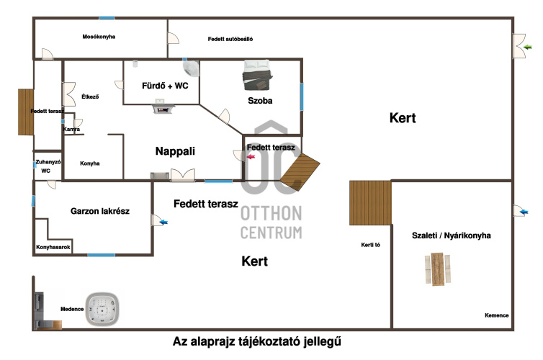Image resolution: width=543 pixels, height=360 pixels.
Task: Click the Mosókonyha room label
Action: point(99,37)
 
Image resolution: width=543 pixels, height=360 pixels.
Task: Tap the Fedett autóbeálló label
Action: point(230,39)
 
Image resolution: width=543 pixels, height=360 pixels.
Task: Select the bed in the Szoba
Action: point(257,73)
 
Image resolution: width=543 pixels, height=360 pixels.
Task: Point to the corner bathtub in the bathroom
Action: point(192,68)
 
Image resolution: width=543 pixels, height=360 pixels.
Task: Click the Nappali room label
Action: point(175,151)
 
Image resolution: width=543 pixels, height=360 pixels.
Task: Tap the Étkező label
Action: point(90,96)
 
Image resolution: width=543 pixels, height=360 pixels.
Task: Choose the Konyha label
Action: point(90,163)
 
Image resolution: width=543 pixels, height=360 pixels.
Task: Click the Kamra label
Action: point(72,130)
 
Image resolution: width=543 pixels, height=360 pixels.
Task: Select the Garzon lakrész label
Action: point(95,212)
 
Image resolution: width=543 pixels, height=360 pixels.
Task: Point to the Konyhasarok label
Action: point(53,248)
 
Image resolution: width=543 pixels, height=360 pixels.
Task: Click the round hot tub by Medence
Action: point(101,309)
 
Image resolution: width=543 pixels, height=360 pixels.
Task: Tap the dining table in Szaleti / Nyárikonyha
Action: point(436,269)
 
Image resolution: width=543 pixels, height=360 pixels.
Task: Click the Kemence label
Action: point(496,315)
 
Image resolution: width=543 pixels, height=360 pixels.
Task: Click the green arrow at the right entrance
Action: point(528,48)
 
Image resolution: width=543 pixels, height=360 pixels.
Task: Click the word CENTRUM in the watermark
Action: point(271,232)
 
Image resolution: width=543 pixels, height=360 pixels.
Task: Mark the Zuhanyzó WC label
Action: point(45,167)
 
